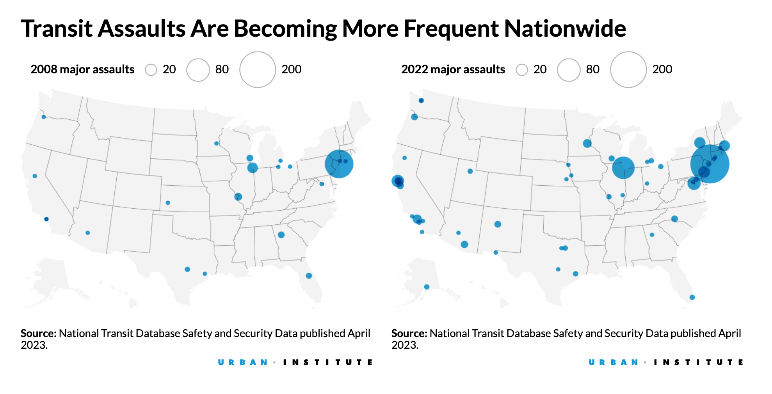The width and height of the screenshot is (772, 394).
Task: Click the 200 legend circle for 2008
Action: coord(258,69)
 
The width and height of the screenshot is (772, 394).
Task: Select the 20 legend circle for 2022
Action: coord(521,70)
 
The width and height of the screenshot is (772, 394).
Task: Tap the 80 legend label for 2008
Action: coord(222,69)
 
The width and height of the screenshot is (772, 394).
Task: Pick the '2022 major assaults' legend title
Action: coord(453,69)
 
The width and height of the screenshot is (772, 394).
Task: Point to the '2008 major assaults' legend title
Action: coord(82,69)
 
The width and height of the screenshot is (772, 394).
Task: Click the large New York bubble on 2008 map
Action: coord(339,164)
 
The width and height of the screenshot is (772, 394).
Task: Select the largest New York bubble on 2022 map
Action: coord(710,164)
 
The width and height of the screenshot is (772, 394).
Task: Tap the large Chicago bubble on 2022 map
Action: coord(623,167)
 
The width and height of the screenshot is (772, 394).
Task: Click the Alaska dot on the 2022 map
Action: coord(427,287)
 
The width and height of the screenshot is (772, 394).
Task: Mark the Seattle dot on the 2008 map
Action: coord(44,117)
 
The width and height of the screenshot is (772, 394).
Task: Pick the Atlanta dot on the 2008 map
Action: coord(281,235)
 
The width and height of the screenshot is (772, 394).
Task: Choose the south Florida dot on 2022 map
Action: coord(692,297)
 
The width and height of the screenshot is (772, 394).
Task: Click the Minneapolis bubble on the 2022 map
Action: coord(587,144)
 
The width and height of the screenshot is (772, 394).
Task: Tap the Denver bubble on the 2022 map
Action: coord(498,224)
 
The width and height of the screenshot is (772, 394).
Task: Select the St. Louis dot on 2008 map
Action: coord(238,197)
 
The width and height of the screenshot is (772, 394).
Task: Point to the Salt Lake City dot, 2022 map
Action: coord(470,171)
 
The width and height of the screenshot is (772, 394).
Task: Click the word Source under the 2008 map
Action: coord(38,334)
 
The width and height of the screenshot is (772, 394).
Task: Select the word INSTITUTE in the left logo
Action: coord(328,362)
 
